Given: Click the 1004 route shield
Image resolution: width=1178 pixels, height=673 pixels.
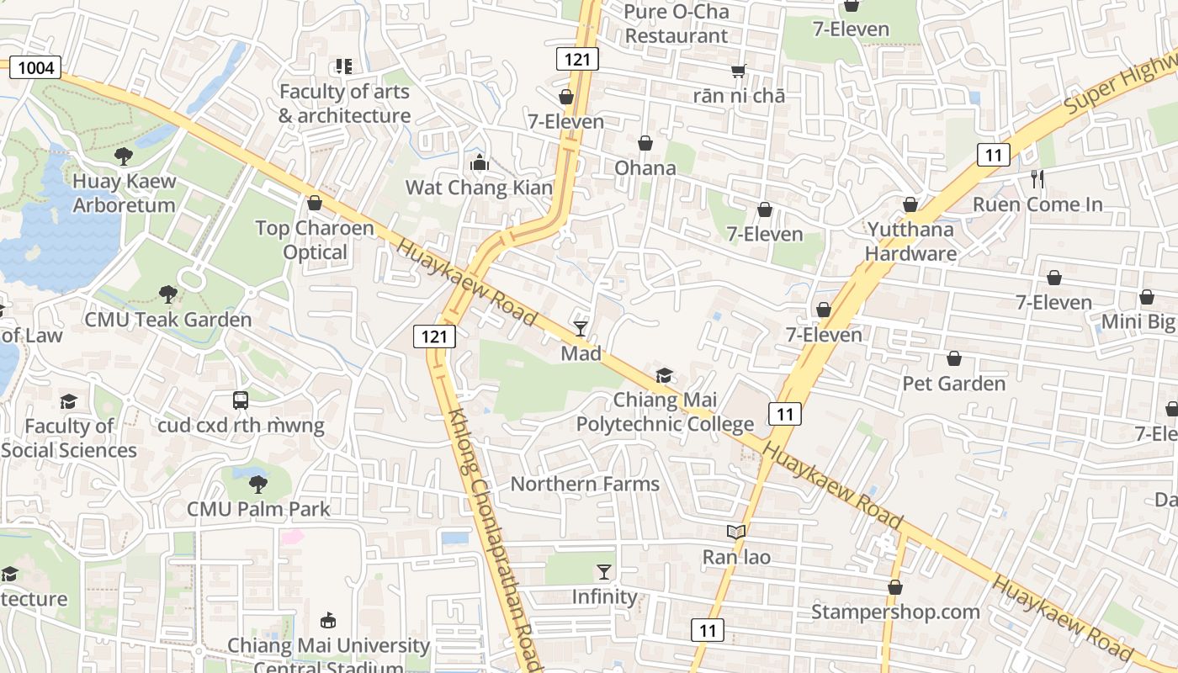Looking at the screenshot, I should click(35, 67).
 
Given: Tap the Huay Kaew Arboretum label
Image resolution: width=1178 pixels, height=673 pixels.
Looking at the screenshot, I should click(124, 193).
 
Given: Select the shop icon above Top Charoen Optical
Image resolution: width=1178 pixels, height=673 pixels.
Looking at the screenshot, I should click(315, 203).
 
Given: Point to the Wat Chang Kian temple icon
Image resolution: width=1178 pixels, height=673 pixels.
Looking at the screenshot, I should click(480, 162).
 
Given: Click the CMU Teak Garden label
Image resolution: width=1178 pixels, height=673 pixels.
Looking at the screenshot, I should click(167, 320).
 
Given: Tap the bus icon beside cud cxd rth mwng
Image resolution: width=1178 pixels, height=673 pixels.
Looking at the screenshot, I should click(241, 400).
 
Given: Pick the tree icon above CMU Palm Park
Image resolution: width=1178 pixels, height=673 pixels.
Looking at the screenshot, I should click(258, 484).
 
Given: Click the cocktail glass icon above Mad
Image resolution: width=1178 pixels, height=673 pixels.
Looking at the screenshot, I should click(581, 328).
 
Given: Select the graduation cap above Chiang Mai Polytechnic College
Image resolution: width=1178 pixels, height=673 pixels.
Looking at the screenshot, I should click(665, 375).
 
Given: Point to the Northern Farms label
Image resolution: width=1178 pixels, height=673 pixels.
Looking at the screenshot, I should click(585, 484).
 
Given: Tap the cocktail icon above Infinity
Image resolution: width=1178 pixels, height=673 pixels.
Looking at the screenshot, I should click(604, 572).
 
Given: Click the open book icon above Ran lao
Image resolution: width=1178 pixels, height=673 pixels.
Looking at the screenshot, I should click(736, 532).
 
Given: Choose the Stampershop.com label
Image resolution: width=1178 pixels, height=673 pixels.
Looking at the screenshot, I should click(895, 612).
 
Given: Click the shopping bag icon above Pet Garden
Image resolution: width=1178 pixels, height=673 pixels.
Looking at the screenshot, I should click(954, 359).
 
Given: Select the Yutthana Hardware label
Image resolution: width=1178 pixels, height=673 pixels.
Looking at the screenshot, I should click(910, 241).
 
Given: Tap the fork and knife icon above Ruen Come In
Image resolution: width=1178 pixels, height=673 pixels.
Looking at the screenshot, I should click(1037, 178).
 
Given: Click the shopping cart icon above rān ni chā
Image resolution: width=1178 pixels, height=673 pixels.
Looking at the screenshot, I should click(739, 71).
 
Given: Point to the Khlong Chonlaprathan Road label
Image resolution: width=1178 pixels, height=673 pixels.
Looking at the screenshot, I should click(493, 538).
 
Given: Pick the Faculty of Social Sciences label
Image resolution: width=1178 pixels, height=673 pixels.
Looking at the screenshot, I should click(69, 437).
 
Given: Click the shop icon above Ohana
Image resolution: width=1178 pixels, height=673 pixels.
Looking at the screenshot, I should click(645, 143).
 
